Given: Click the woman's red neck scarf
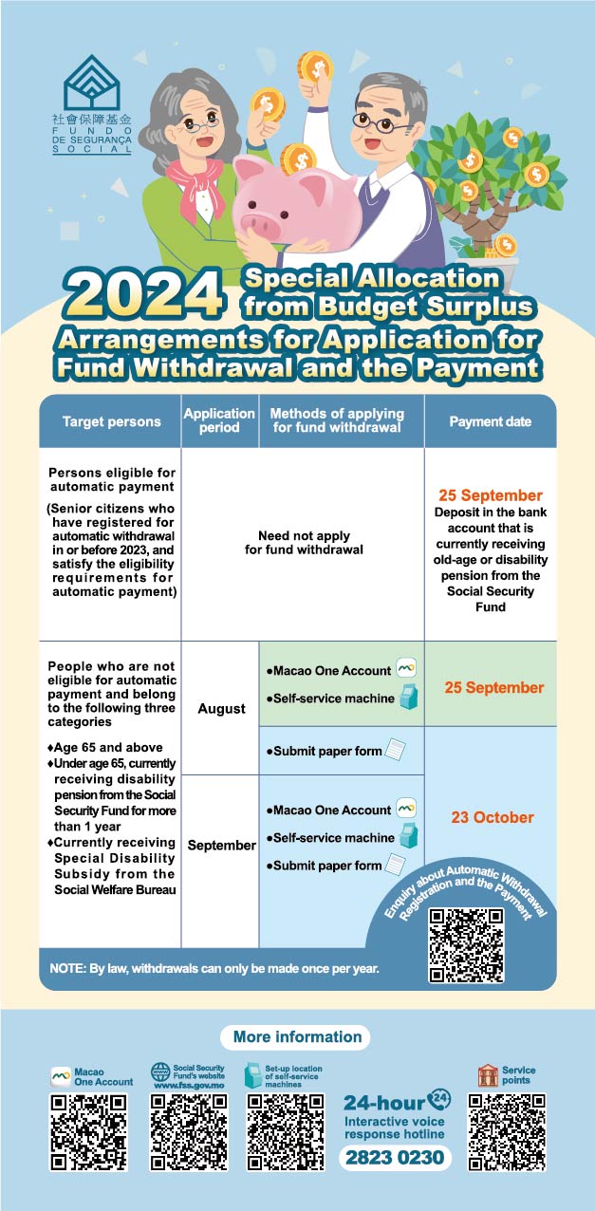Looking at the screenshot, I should point(195,179).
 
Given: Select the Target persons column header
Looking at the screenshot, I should point(111,420).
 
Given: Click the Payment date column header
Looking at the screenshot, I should point(503,420).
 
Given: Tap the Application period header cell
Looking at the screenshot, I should point(219,420).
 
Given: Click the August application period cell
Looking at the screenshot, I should point(220,708).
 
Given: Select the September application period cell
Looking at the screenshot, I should point(220,845).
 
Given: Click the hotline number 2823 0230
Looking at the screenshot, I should point(395,1158).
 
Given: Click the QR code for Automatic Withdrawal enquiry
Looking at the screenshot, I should point(466,945).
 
